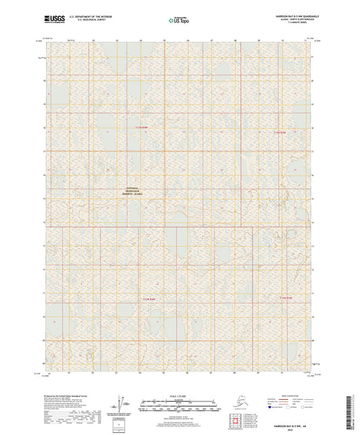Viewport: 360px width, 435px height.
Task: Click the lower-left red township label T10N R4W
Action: [149, 299]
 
